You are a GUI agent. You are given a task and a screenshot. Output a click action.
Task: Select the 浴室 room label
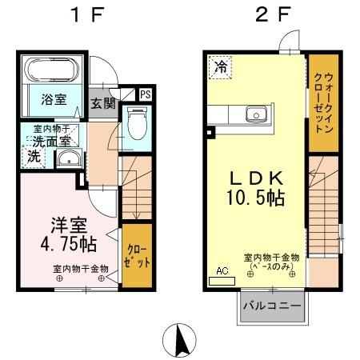point(50,100)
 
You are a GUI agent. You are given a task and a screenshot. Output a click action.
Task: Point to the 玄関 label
point(102,103)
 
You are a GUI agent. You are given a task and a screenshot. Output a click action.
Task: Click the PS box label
point(145,94)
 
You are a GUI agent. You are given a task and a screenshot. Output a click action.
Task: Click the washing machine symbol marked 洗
point(34,157)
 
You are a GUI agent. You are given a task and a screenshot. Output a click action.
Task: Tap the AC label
point(222,271)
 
